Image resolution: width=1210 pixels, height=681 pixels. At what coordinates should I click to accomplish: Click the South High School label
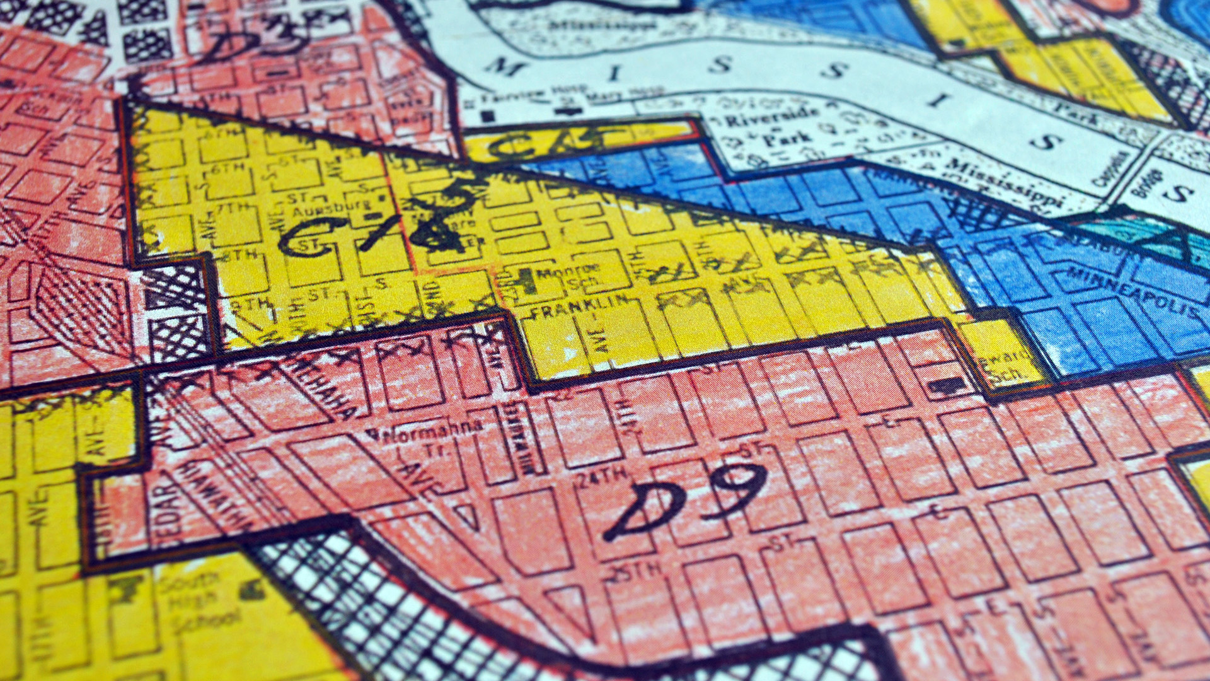click(195, 599)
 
